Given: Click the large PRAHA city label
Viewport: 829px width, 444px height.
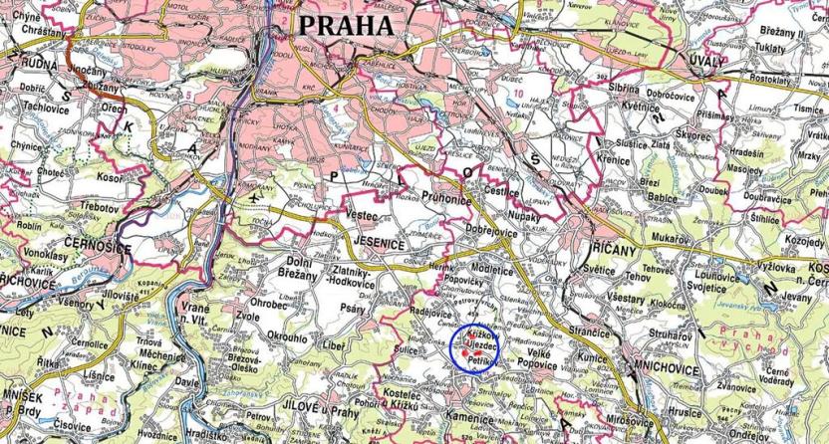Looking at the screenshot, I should coord(347,24).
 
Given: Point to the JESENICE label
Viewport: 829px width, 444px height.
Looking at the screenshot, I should coord(379,242).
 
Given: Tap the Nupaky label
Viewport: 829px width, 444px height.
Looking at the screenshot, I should coord(526,212).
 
